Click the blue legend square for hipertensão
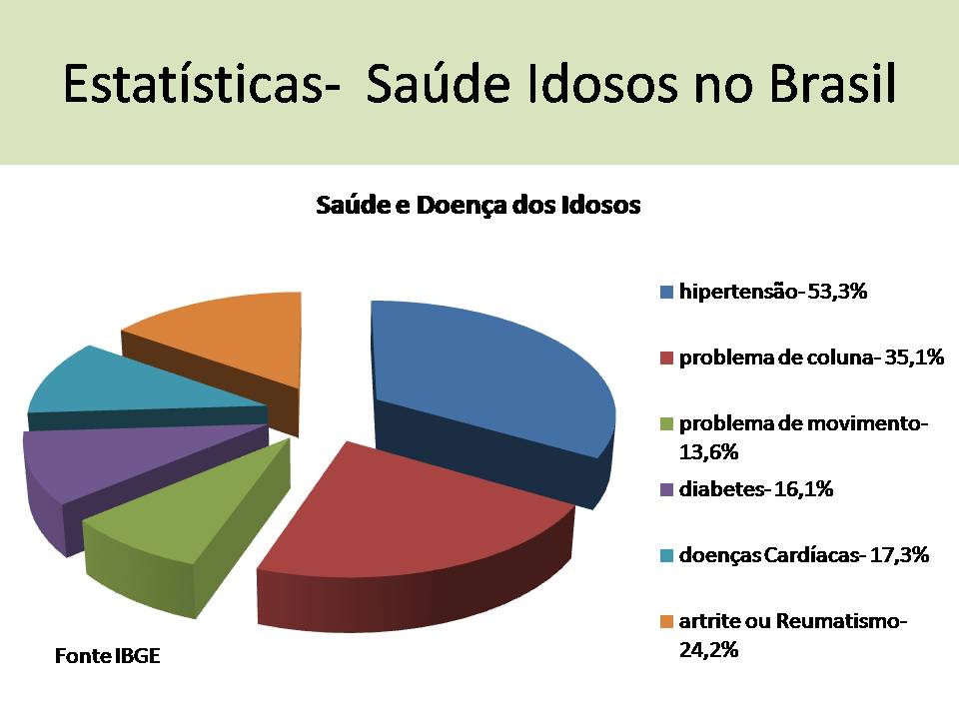pos(666,293)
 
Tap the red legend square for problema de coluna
pos(666,358)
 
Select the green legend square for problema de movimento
pos(666,423)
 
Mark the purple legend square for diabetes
pos(666,489)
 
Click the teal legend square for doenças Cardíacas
pos(666,555)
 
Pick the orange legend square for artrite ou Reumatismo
pos(666,621)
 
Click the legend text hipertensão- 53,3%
pos(772,293)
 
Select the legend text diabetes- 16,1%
pos(756,489)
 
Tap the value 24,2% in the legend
pos(708,650)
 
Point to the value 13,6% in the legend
pos(708,452)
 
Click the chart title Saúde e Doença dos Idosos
pos(478,206)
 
